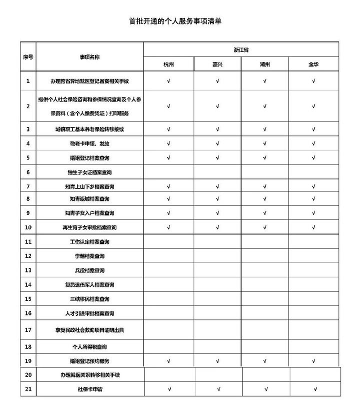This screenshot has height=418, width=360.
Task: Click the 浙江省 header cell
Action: coord(241,50)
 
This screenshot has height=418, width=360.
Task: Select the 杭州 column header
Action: coord(169,64)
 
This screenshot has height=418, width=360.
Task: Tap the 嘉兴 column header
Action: coord(217,64)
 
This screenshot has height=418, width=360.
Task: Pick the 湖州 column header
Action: coord(264,64)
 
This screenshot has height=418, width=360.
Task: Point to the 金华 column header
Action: coord(313,64)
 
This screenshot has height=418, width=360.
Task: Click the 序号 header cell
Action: coord(28,57)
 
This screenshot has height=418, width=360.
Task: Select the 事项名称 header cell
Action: coord(90,57)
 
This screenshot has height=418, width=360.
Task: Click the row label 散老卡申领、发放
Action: coord(90,143)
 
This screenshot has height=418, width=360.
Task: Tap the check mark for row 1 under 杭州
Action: coord(169,80)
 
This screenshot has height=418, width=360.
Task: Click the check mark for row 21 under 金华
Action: coord(315,388)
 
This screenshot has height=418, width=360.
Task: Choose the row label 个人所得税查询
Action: coord(90,346)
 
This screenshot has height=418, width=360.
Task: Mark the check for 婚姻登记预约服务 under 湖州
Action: coord(264,360)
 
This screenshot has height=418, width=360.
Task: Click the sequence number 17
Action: coord(28,330)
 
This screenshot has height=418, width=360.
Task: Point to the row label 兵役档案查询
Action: coord(90,270)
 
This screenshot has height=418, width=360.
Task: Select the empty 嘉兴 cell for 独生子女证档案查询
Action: coord(217,172)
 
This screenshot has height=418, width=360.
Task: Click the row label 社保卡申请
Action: coord(90,388)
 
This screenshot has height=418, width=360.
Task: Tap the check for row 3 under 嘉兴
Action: coord(217,129)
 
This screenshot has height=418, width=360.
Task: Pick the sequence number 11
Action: coord(28,242)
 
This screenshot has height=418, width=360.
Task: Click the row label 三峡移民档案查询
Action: coord(90,299)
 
